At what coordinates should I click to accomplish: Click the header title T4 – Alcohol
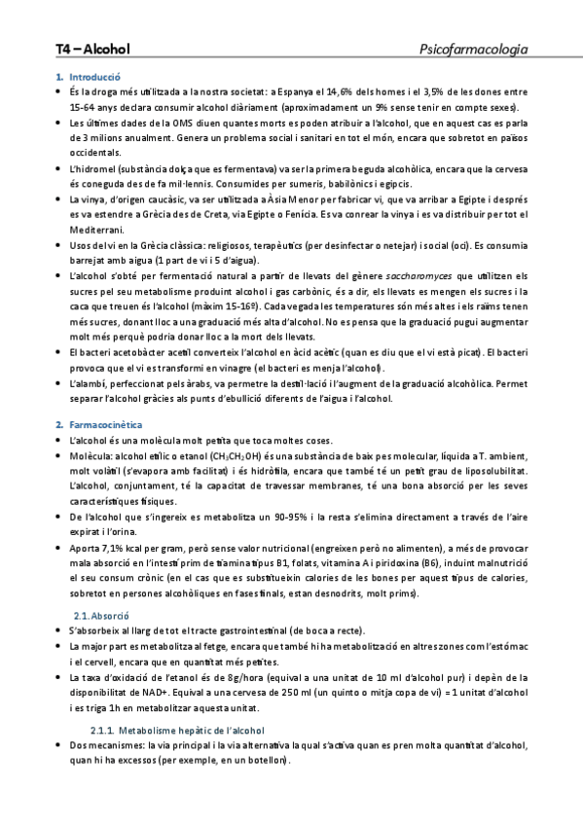tap(92, 48)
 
